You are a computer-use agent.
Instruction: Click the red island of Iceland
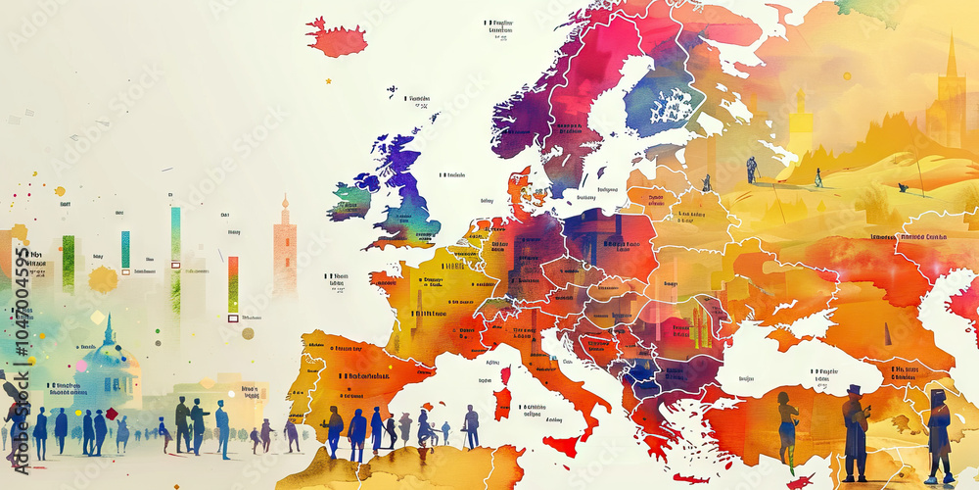pos(336,39)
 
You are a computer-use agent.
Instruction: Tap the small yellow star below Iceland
pos(328,81)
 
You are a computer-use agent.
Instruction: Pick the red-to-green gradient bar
pos(233,284)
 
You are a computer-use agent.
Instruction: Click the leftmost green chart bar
pos(69,263)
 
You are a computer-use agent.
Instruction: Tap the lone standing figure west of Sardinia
pos(472,427)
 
